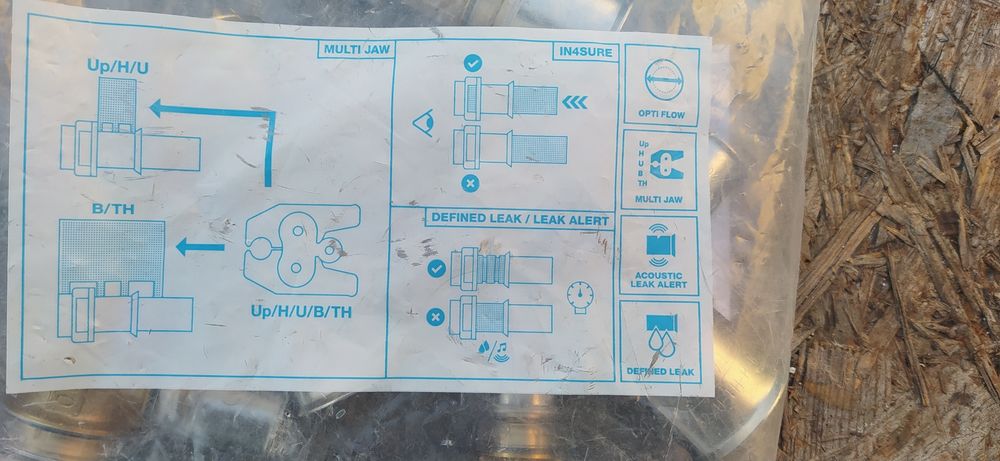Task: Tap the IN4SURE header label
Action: click(x=586, y=52)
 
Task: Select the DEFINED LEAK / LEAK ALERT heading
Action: click(x=519, y=218)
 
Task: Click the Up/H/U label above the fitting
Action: click(x=118, y=66)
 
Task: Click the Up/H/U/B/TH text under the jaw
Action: click(x=300, y=312)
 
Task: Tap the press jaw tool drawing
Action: click(x=302, y=249)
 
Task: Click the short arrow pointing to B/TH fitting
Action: click(x=200, y=246)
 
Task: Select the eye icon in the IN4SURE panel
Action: click(x=423, y=122)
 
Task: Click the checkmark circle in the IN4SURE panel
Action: click(x=473, y=63)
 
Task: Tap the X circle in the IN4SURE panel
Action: click(x=471, y=184)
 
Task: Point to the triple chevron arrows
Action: click(x=575, y=102)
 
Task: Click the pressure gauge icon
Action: click(x=580, y=297)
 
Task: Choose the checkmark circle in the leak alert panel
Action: click(x=437, y=269)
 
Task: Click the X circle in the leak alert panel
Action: click(x=435, y=317)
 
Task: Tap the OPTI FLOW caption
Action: click(x=661, y=115)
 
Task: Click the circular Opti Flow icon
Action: click(x=663, y=80)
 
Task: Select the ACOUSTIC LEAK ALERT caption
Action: click(x=659, y=279)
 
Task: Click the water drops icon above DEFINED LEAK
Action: click(x=661, y=335)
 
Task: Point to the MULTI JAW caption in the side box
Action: click(x=659, y=200)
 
